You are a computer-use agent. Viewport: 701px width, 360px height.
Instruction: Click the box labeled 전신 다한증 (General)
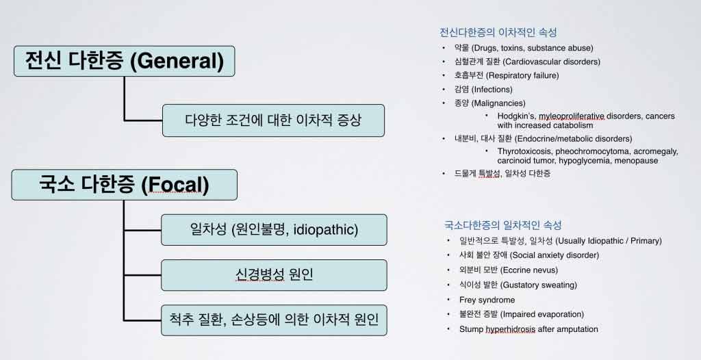click(125, 62)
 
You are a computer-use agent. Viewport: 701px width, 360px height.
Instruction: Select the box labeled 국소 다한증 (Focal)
click(125, 185)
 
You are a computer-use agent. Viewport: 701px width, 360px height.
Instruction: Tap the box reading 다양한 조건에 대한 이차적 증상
click(273, 120)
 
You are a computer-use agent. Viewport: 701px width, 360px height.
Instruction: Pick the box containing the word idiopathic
click(274, 230)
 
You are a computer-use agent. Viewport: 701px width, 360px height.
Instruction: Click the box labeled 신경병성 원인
click(274, 275)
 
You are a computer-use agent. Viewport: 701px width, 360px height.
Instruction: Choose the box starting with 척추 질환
click(274, 320)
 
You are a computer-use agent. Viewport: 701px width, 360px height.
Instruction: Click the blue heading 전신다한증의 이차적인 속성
click(498, 33)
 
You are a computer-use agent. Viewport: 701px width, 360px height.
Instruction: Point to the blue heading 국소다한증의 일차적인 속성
click(503, 225)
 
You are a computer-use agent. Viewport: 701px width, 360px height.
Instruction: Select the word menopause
click(636, 161)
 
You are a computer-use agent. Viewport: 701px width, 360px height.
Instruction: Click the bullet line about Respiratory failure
click(507, 75)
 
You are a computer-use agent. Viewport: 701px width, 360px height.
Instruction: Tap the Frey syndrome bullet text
click(487, 300)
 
